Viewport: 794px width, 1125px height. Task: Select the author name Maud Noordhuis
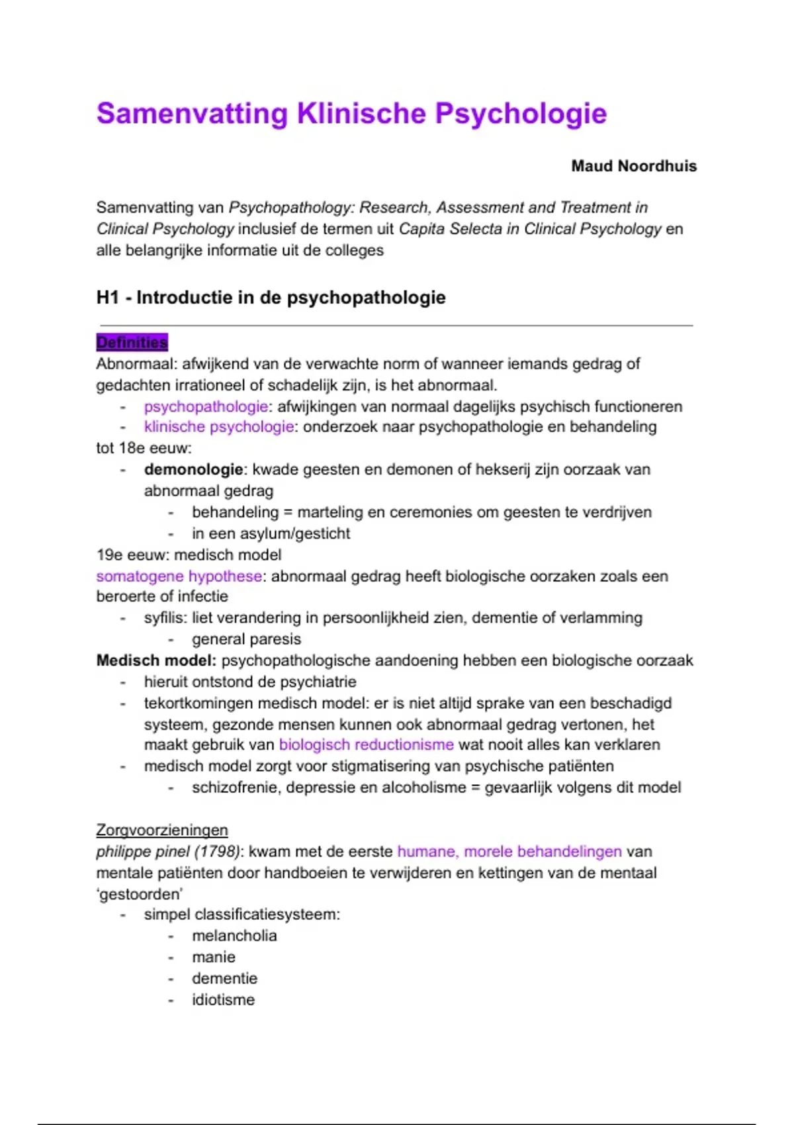pyautogui.click(x=633, y=166)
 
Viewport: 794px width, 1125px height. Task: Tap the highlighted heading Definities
pyautogui.click(x=132, y=342)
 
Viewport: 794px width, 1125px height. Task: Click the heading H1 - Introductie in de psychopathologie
pyautogui.click(x=271, y=298)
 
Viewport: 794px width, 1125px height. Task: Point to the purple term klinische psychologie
pyautogui.click(x=218, y=427)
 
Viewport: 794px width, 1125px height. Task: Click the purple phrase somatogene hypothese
pyautogui.click(x=179, y=576)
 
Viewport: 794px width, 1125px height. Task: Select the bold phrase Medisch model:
pyautogui.click(x=156, y=660)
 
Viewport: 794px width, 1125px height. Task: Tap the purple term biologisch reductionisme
pyautogui.click(x=366, y=744)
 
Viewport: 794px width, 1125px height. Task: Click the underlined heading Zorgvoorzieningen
pyautogui.click(x=161, y=830)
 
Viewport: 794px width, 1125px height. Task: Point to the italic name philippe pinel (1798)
pyautogui.click(x=168, y=851)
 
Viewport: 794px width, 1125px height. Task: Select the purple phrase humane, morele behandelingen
pyautogui.click(x=509, y=851)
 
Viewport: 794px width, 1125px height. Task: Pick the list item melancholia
pyautogui.click(x=234, y=936)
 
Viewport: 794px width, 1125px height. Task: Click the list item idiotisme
pyautogui.click(x=223, y=999)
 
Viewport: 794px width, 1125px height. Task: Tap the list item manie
pyautogui.click(x=213, y=957)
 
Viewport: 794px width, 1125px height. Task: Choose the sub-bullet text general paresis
pyautogui.click(x=246, y=639)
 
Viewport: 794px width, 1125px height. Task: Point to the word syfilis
pyautogui.click(x=165, y=617)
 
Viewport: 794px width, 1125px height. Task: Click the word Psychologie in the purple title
pyautogui.click(x=520, y=114)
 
